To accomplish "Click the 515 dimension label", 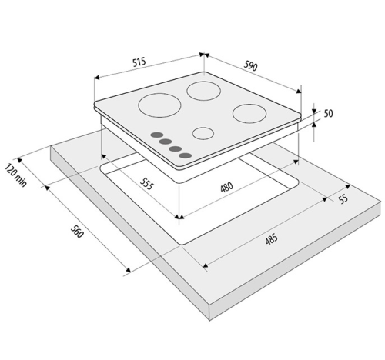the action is click(139, 62).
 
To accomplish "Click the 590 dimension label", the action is click(250, 66).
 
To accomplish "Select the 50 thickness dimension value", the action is click(328, 113).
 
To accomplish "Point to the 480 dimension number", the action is click(227, 187).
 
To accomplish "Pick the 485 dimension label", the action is click(272, 238).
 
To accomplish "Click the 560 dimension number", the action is click(77, 232).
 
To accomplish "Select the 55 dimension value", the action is click(343, 198).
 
